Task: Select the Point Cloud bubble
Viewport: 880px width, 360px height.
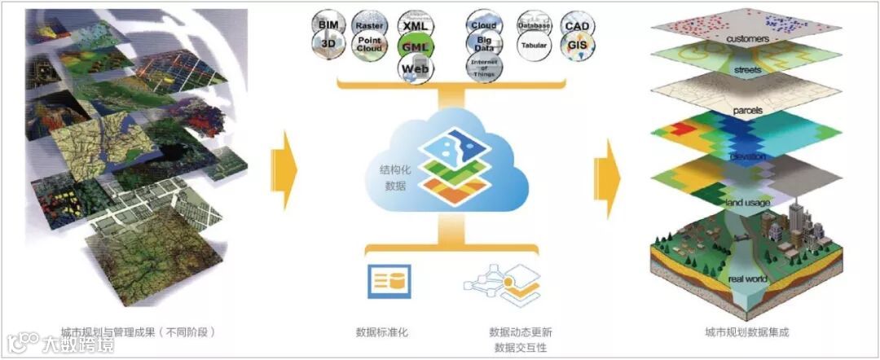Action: tap(368, 46)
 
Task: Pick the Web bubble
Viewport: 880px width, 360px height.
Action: tap(416, 70)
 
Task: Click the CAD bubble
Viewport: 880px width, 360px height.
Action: tap(578, 25)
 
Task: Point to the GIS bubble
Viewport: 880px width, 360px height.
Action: tap(578, 46)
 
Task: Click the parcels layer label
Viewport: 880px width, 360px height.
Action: tap(746, 110)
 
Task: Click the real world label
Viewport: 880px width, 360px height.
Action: tap(747, 280)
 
